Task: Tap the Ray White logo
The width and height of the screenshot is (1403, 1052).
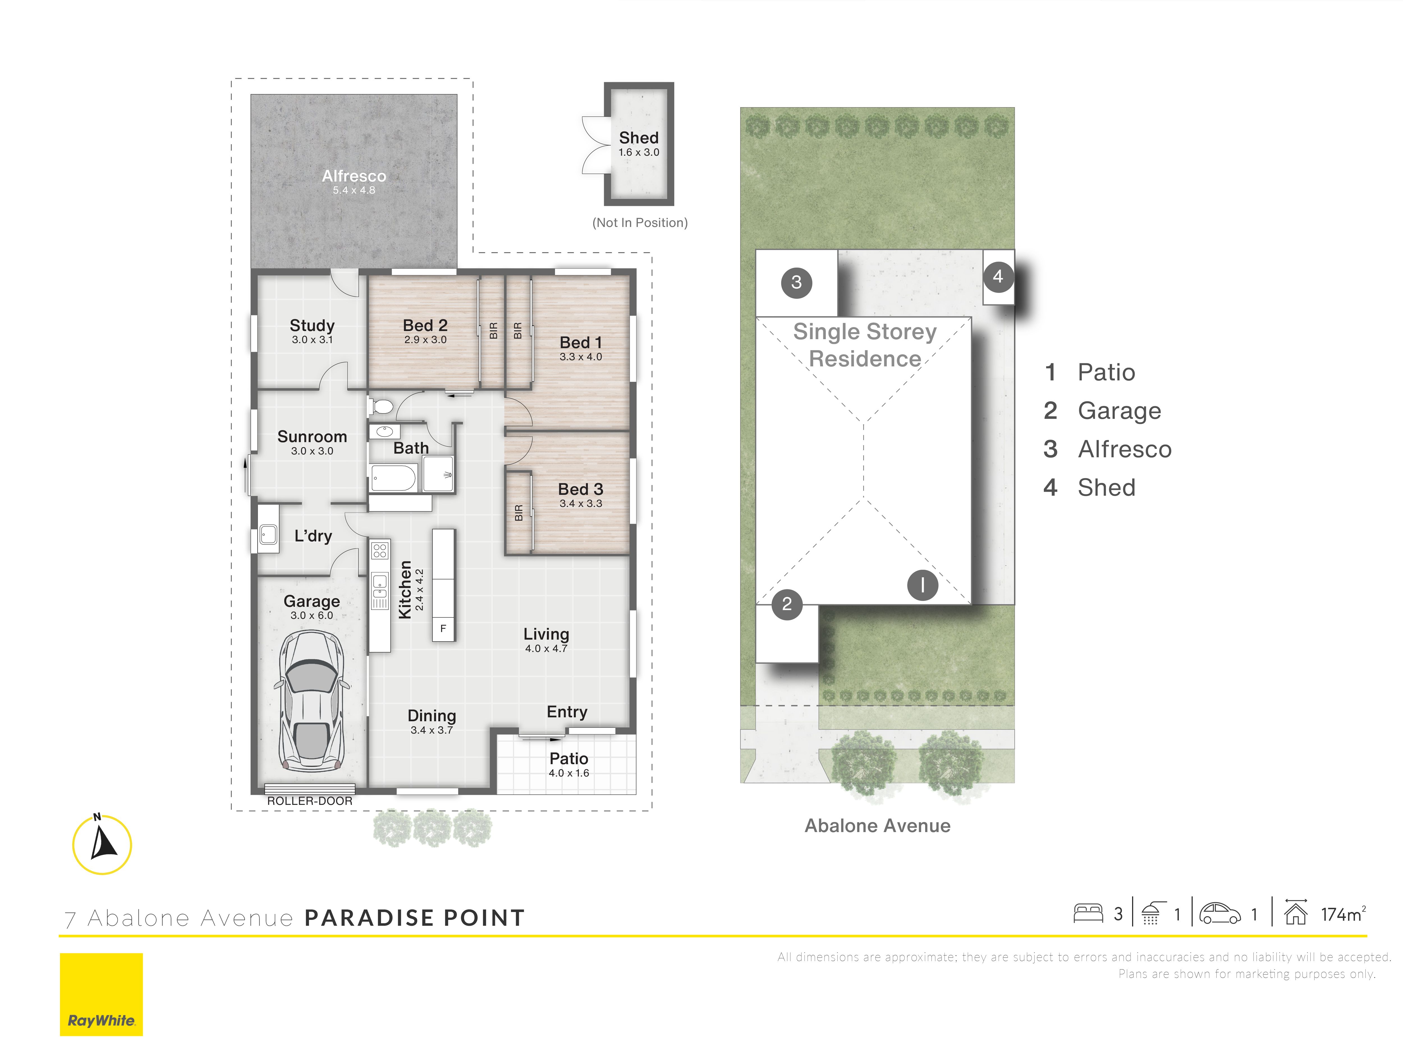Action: click(x=102, y=994)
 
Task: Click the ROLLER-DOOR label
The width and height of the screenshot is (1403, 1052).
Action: click(x=310, y=801)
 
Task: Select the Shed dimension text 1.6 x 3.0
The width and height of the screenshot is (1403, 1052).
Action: click(x=639, y=152)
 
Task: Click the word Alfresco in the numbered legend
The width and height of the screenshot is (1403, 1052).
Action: click(x=1125, y=449)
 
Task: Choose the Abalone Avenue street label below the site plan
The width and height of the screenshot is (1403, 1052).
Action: click(x=877, y=826)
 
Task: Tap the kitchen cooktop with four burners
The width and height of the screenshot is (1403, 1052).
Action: click(x=380, y=550)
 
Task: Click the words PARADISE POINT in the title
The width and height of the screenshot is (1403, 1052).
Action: click(x=415, y=918)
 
